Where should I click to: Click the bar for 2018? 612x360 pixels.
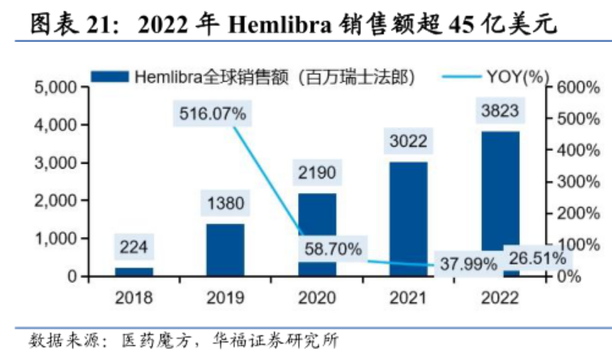[x=134, y=272]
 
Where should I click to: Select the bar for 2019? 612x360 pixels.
[x=225, y=250]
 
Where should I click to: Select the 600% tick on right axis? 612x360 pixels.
[x=576, y=87]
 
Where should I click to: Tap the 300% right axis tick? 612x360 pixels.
[x=576, y=182]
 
